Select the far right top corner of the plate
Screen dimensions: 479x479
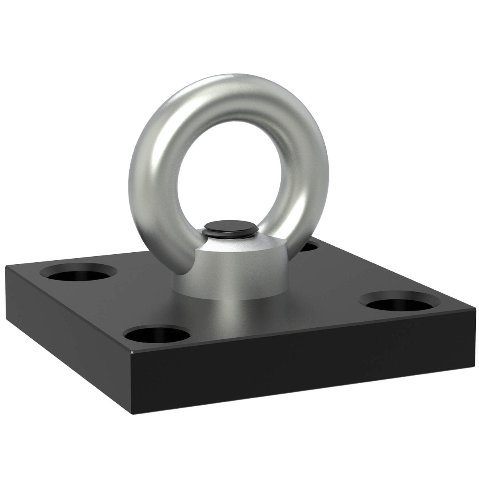tap(475, 308)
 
